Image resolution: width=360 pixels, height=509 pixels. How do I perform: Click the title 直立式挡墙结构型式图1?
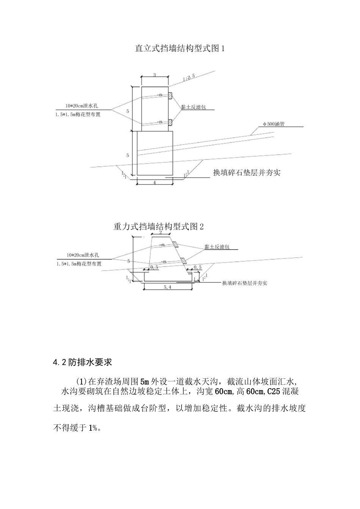[x=180, y=48]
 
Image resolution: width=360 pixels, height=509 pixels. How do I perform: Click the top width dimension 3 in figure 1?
[x=155, y=75]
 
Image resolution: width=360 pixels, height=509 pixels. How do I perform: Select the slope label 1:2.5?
[x=188, y=78]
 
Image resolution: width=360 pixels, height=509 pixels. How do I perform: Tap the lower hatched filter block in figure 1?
[x=170, y=122]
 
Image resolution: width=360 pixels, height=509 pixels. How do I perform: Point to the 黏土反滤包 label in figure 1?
[x=193, y=108]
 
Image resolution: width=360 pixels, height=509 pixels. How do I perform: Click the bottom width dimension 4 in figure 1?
[x=155, y=183]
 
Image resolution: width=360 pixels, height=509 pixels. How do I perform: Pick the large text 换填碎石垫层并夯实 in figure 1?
[x=246, y=173]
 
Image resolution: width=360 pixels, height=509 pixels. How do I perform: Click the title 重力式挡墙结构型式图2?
[x=158, y=226]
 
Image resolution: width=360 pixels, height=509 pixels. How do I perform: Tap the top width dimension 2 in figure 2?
[x=160, y=233]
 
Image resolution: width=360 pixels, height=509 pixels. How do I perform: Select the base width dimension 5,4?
[x=167, y=287]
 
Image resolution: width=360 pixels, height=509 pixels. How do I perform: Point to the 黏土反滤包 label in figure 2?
[x=217, y=247]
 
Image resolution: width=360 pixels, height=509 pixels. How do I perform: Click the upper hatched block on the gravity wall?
[x=176, y=244]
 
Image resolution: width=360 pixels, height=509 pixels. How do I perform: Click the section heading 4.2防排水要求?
[x=83, y=362]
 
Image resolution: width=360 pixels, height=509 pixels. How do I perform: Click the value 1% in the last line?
[x=93, y=428]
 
